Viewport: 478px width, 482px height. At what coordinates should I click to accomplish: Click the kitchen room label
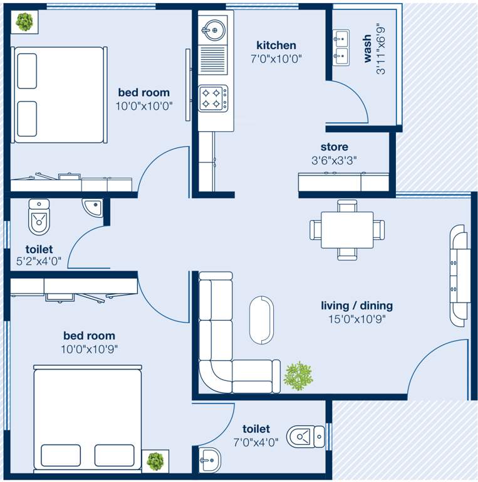(x=276, y=45)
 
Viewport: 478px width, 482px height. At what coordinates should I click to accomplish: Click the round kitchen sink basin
(x=212, y=29)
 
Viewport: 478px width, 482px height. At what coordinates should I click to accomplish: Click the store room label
(x=334, y=147)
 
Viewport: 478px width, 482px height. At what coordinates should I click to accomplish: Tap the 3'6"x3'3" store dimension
(x=334, y=160)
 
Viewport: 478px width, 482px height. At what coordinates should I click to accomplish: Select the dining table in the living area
(x=347, y=230)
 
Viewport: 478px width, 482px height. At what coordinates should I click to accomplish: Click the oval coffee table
(x=261, y=319)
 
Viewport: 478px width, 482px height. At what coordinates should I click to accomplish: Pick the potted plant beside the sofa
(x=297, y=376)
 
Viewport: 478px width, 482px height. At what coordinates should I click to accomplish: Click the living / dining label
(x=356, y=306)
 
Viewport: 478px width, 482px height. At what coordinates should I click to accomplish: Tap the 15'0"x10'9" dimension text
(x=356, y=319)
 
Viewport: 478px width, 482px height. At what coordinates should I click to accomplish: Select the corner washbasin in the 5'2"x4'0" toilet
(x=93, y=206)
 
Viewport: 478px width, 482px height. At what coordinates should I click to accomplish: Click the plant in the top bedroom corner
(x=24, y=23)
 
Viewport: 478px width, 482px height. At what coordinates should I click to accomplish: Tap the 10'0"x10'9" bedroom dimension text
(x=89, y=348)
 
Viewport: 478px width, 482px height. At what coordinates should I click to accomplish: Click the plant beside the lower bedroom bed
(x=155, y=461)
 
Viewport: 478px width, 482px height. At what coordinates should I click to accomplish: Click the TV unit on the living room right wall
(x=459, y=273)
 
